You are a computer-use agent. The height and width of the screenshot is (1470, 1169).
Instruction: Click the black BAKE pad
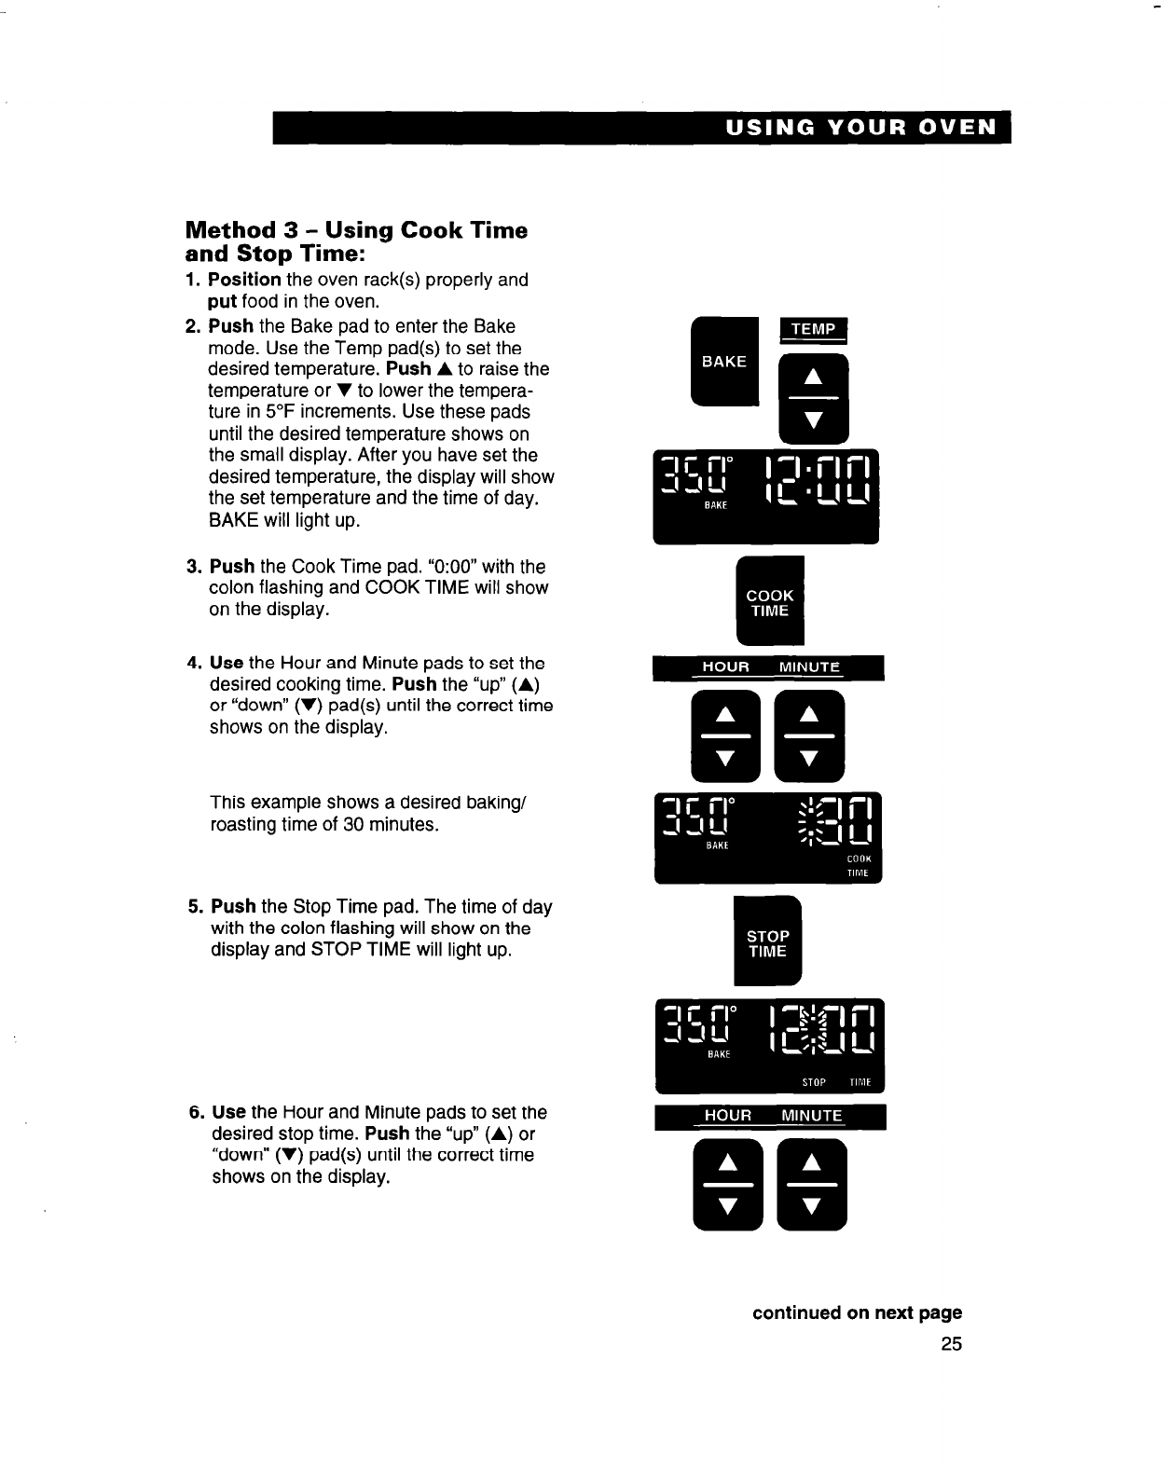click(x=723, y=362)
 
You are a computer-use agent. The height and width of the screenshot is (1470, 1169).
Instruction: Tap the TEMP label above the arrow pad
click(x=813, y=329)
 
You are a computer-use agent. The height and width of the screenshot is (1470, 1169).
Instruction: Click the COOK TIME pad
click(x=770, y=602)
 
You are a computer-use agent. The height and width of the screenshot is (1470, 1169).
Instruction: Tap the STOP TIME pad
click(x=768, y=942)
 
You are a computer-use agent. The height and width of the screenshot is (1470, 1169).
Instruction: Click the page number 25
click(x=951, y=1343)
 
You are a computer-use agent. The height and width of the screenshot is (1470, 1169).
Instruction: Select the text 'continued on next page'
click(x=857, y=1312)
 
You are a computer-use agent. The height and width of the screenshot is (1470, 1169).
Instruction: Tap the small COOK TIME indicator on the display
click(x=858, y=866)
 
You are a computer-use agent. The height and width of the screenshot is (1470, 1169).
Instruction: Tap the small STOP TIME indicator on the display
click(x=834, y=1082)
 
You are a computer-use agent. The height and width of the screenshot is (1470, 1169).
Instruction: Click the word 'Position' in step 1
click(x=244, y=280)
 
